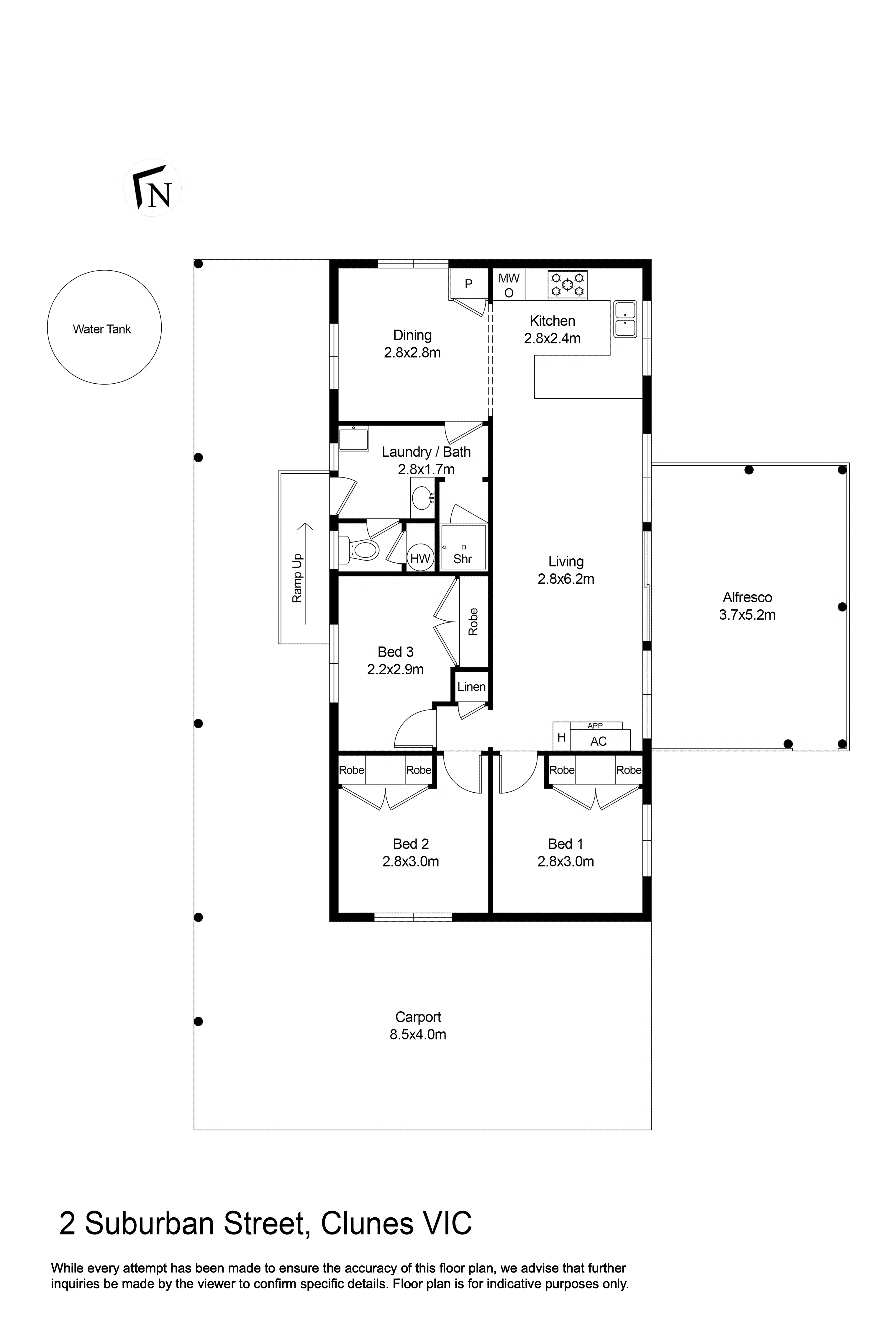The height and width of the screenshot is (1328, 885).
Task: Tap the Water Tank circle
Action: pos(104,328)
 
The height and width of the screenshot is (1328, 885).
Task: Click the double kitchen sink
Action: pos(625,319)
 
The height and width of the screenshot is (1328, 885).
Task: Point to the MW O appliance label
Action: pos(509,285)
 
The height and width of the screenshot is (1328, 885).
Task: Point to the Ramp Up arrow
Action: pos(305,573)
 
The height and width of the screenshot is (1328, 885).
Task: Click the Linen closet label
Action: pos(471,687)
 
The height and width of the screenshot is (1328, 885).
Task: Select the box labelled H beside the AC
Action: pos(562,737)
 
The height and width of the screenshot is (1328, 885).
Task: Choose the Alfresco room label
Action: pos(747,597)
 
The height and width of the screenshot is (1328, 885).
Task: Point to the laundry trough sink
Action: pos(353,439)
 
